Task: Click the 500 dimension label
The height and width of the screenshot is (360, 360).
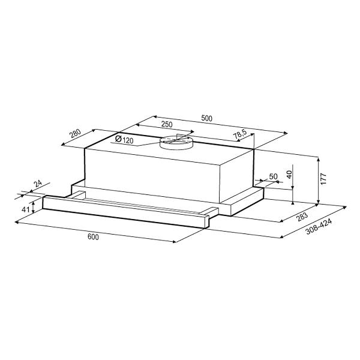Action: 206,118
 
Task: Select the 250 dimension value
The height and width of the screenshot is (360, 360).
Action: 167,124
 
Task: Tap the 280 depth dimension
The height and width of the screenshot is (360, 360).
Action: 76,134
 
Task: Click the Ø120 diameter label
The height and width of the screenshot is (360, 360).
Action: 124,139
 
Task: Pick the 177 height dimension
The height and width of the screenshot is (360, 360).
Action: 323,179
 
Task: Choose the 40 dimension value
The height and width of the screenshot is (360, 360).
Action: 289,175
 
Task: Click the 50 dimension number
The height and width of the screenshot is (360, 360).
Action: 273,176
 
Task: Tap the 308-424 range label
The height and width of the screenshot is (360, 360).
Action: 319,227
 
